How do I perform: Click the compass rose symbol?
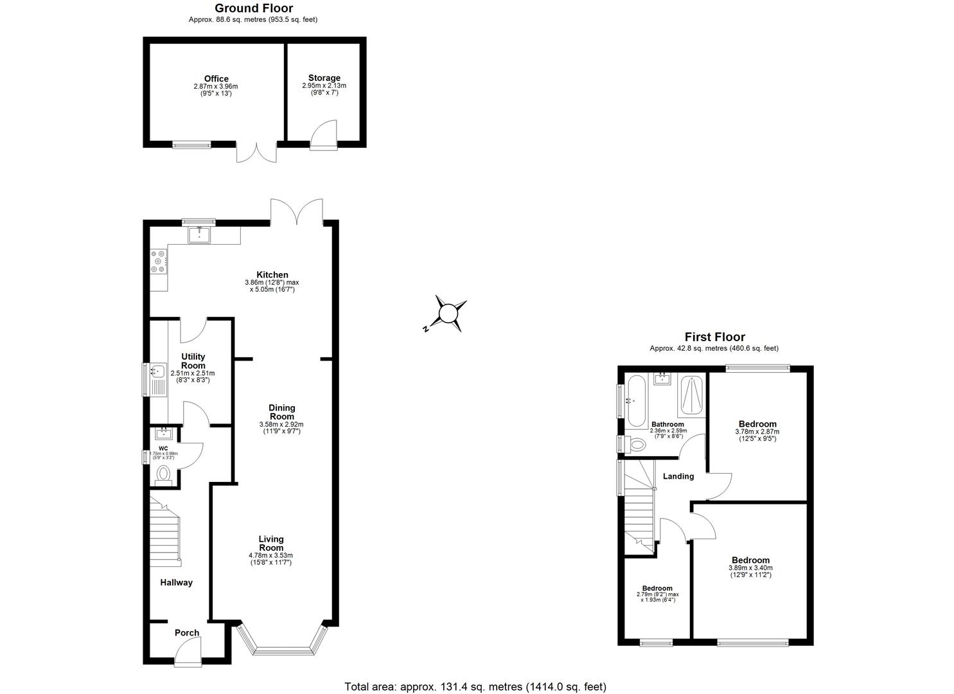[x=448, y=314]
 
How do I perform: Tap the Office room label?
[x=216, y=79]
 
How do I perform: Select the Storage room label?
[x=324, y=78]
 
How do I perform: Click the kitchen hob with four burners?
[x=158, y=262]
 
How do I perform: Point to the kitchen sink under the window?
[x=199, y=236]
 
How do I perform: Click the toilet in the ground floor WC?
[x=163, y=475]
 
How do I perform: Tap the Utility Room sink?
[x=157, y=371]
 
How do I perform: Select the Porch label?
[x=187, y=633]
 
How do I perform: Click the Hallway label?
[x=176, y=583]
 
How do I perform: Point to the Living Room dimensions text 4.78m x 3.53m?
[x=270, y=555]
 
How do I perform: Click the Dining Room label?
[x=281, y=412]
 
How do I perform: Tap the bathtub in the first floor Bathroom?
[x=637, y=402]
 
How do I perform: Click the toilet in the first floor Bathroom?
[x=635, y=444]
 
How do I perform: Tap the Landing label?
[x=678, y=477]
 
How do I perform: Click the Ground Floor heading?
[x=253, y=8]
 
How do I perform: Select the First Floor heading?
[x=714, y=337]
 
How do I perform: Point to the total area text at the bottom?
[x=475, y=687]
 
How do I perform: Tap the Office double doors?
[x=256, y=152]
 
